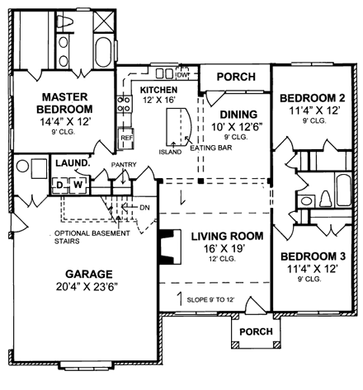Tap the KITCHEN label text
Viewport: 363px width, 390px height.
point(158,89)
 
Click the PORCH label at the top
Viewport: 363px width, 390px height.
point(236,77)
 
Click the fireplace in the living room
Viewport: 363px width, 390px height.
point(167,245)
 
